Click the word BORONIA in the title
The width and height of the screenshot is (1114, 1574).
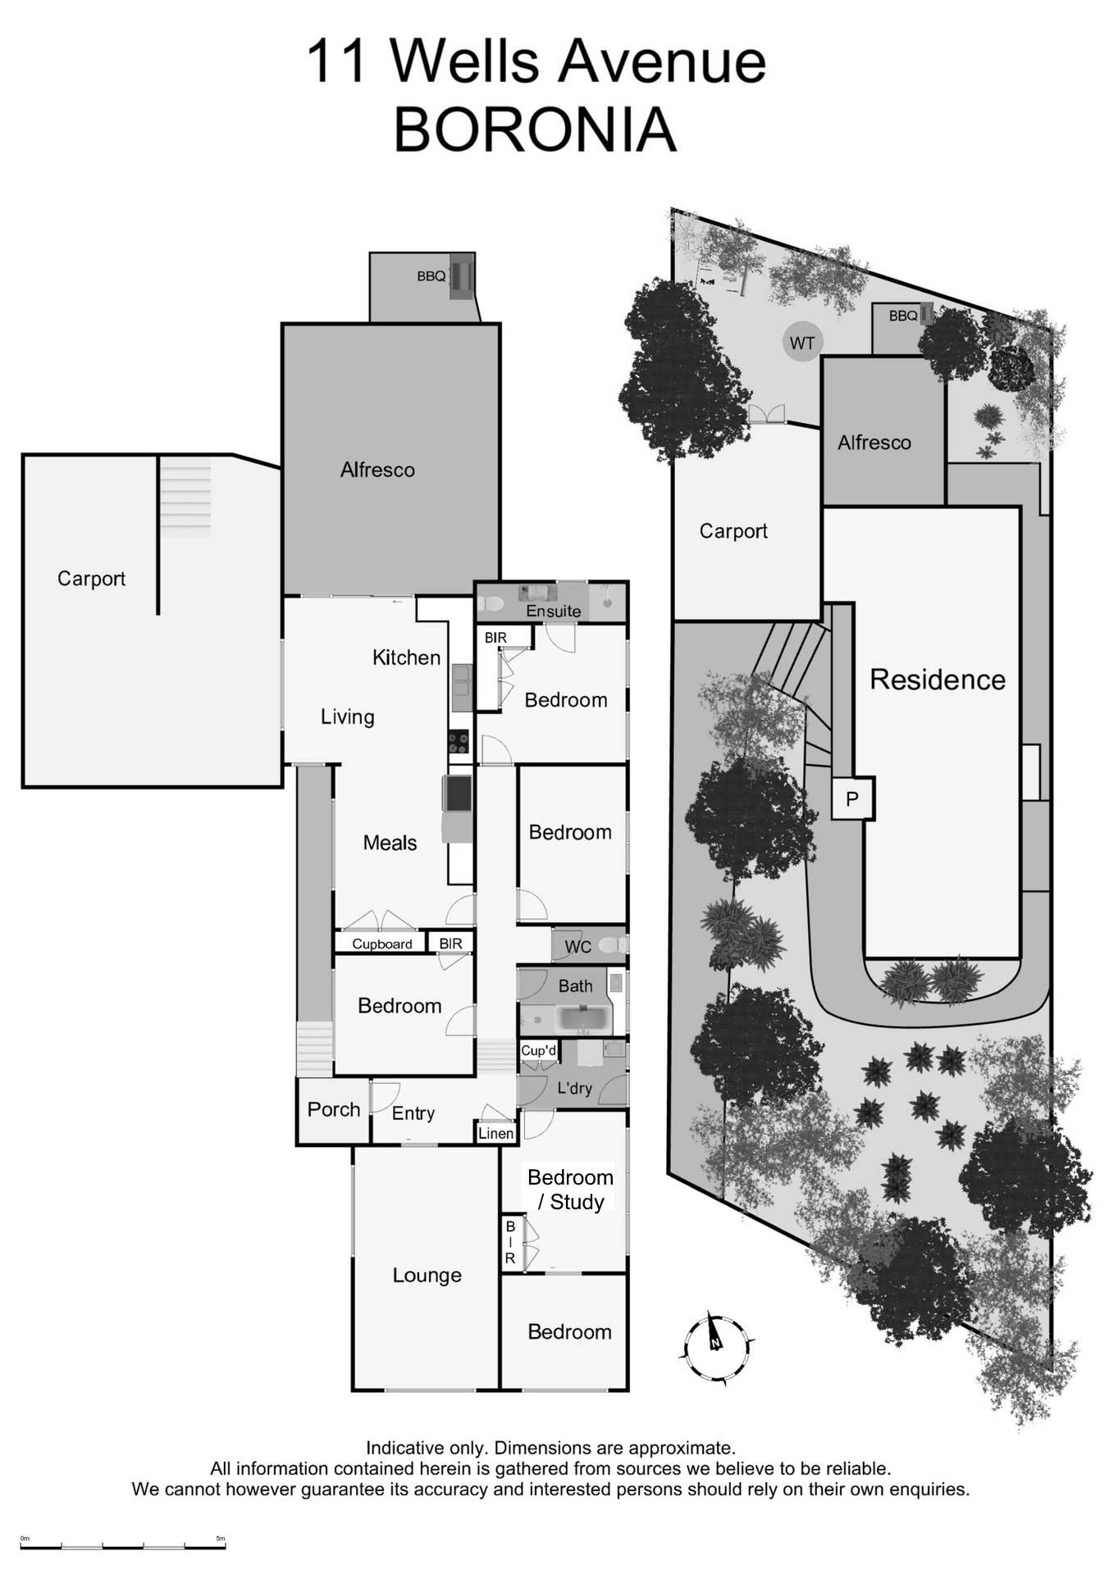click(x=536, y=130)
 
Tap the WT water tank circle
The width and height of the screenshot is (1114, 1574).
click(x=801, y=342)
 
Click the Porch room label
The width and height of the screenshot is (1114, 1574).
click(x=334, y=1110)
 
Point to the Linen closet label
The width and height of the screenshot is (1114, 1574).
click(x=495, y=1134)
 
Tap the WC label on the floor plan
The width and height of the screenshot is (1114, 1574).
click(x=578, y=948)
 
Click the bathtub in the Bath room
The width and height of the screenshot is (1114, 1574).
click(x=582, y=1020)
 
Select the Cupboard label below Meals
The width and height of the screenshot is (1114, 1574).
click(x=381, y=944)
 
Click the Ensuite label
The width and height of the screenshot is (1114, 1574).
click(x=553, y=611)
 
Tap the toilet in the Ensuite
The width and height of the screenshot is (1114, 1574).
click(x=492, y=603)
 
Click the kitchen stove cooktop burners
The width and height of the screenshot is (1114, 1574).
click(x=459, y=743)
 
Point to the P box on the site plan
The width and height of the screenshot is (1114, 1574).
click(x=852, y=798)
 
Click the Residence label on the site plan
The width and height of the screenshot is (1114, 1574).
click(x=937, y=680)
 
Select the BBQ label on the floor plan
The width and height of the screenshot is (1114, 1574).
click(x=431, y=276)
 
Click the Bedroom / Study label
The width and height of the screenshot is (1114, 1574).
click(x=570, y=1190)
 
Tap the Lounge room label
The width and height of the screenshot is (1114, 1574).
click(x=427, y=1276)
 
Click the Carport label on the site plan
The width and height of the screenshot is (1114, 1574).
click(x=733, y=531)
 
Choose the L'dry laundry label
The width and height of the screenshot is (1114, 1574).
click(x=574, y=1089)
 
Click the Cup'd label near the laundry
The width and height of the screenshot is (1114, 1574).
click(x=538, y=1051)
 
